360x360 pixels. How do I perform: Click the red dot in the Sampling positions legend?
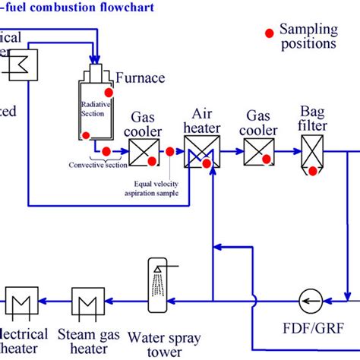(x=268, y=33)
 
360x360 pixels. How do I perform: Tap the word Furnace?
(x=140, y=77)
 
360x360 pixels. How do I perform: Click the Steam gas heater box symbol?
(x=88, y=302)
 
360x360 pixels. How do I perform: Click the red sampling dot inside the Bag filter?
(x=311, y=170)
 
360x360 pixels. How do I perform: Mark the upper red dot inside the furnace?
(x=109, y=92)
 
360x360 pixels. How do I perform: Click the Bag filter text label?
(x=313, y=119)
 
